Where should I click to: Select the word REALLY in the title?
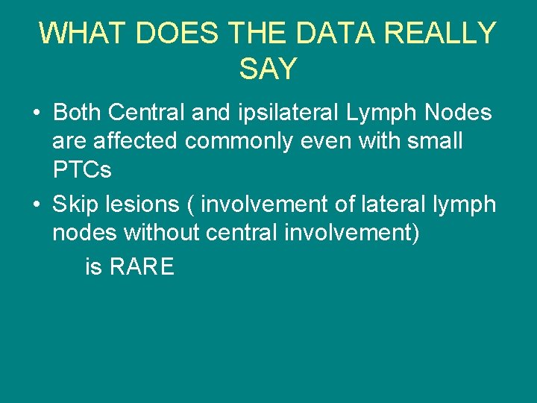(447, 34)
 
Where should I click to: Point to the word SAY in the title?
(268, 69)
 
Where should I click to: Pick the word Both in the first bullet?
(77, 113)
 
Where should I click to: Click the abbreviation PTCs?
(82, 169)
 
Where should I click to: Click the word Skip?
(76, 204)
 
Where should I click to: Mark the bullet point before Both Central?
(36, 113)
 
